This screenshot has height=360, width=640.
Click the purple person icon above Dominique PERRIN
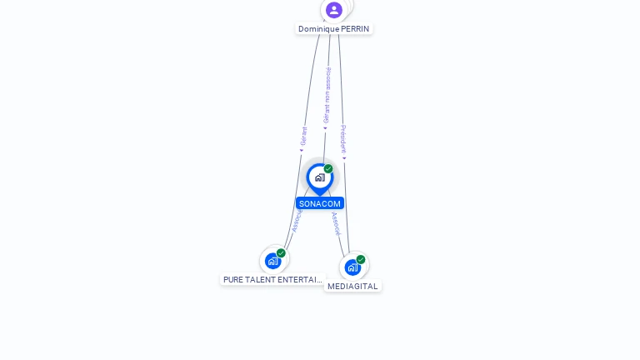pos(334,10)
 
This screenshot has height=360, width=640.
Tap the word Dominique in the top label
pos(318,29)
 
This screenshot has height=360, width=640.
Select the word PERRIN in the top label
pos(355,29)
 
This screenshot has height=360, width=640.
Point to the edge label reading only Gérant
pos(304,137)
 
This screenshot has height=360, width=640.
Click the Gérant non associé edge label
pos(327,95)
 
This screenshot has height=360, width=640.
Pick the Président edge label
pos(343,138)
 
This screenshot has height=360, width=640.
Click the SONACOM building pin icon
pos(319,177)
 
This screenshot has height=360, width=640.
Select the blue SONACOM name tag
pos(320,203)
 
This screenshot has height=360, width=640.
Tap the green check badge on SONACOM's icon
pos(328,169)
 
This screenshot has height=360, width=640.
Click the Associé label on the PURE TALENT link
pos(297,220)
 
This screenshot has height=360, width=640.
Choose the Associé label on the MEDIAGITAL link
pos(336,223)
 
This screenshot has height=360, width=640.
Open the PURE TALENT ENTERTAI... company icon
pos(272,261)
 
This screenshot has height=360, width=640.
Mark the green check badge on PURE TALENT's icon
pos(281,253)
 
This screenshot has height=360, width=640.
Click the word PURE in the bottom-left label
pos(233,280)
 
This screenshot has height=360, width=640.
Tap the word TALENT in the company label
pos(260,280)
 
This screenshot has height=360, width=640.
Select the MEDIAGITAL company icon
pos(352,267)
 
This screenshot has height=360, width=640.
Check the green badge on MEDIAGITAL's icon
pos(361,259)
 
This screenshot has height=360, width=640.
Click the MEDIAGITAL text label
pos(352,287)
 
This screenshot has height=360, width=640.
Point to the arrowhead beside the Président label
pos(344,157)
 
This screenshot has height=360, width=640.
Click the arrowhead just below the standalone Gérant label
pos(302,151)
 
